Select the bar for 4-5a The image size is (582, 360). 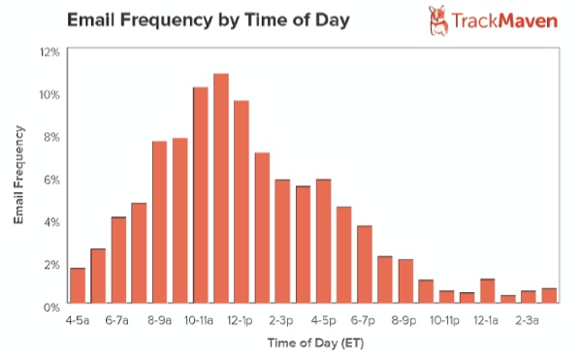point(78,286)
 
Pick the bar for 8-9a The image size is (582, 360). point(159,223)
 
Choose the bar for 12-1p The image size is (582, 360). point(242,203)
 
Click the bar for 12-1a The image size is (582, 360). point(487,292)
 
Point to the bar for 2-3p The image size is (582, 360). point(282,242)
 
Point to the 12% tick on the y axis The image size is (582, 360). point(48,51)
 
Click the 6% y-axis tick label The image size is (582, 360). point(50,179)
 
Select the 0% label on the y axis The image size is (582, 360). point(50,306)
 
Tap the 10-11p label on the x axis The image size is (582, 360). point(447,319)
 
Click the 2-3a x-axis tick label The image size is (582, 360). point(530,319)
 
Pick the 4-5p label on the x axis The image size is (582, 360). point(324,319)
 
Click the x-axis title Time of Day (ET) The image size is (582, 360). point(308,342)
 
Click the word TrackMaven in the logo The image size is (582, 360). point(507,19)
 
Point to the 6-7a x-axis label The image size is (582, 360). point(118,319)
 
